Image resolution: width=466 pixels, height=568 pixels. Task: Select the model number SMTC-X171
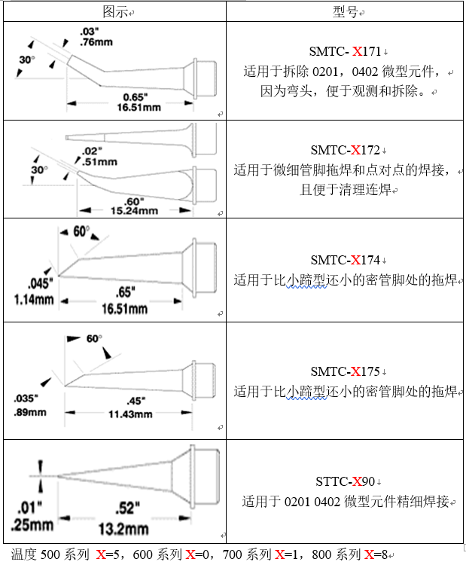pos(346,52)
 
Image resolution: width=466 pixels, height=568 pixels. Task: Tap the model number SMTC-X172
pos(346,150)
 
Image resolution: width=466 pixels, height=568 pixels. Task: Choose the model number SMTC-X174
pos(346,261)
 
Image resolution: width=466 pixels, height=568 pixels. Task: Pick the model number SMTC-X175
pos(346,371)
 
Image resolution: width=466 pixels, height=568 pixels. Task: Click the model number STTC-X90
pos(346,481)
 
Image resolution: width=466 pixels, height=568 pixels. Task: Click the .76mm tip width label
pos(96,42)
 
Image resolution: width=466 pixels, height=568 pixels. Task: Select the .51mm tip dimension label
pos(99,161)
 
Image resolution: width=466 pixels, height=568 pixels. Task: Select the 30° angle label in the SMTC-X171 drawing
pos(26,60)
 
